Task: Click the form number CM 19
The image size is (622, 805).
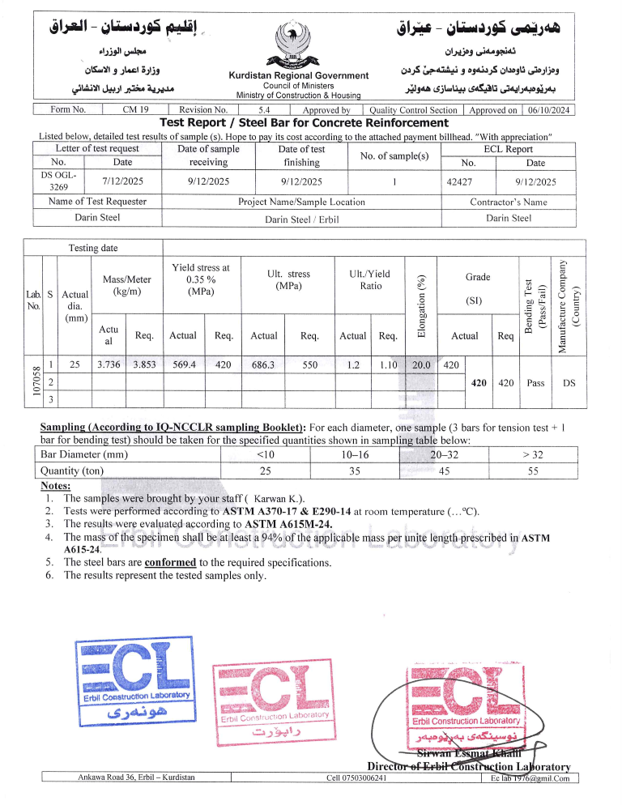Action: tap(134, 110)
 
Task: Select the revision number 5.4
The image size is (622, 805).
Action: tap(264, 110)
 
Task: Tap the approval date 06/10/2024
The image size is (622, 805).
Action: tap(549, 110)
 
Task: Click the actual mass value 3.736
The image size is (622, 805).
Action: tap(109, 365)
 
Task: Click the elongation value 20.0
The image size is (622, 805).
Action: tap(421, 365)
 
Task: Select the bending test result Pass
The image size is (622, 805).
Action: tap(535, 382)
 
